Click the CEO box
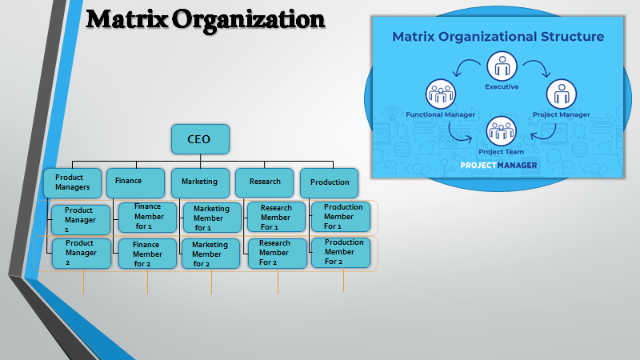(200, 139)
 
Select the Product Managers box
(73, 182)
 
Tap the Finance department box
(135, 182)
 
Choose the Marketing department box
(200, 182)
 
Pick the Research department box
(264, 182)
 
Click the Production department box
(330, 182)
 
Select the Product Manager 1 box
(79, 219)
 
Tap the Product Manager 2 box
(79, 253)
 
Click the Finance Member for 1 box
(147, 217)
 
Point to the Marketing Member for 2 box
(210, 254)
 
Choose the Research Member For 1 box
(276, 218)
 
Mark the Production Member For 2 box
(341, 252)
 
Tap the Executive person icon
(502, 66)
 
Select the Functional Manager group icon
(441, 94)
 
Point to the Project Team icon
(501, 130)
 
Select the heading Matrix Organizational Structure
(498, 37)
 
